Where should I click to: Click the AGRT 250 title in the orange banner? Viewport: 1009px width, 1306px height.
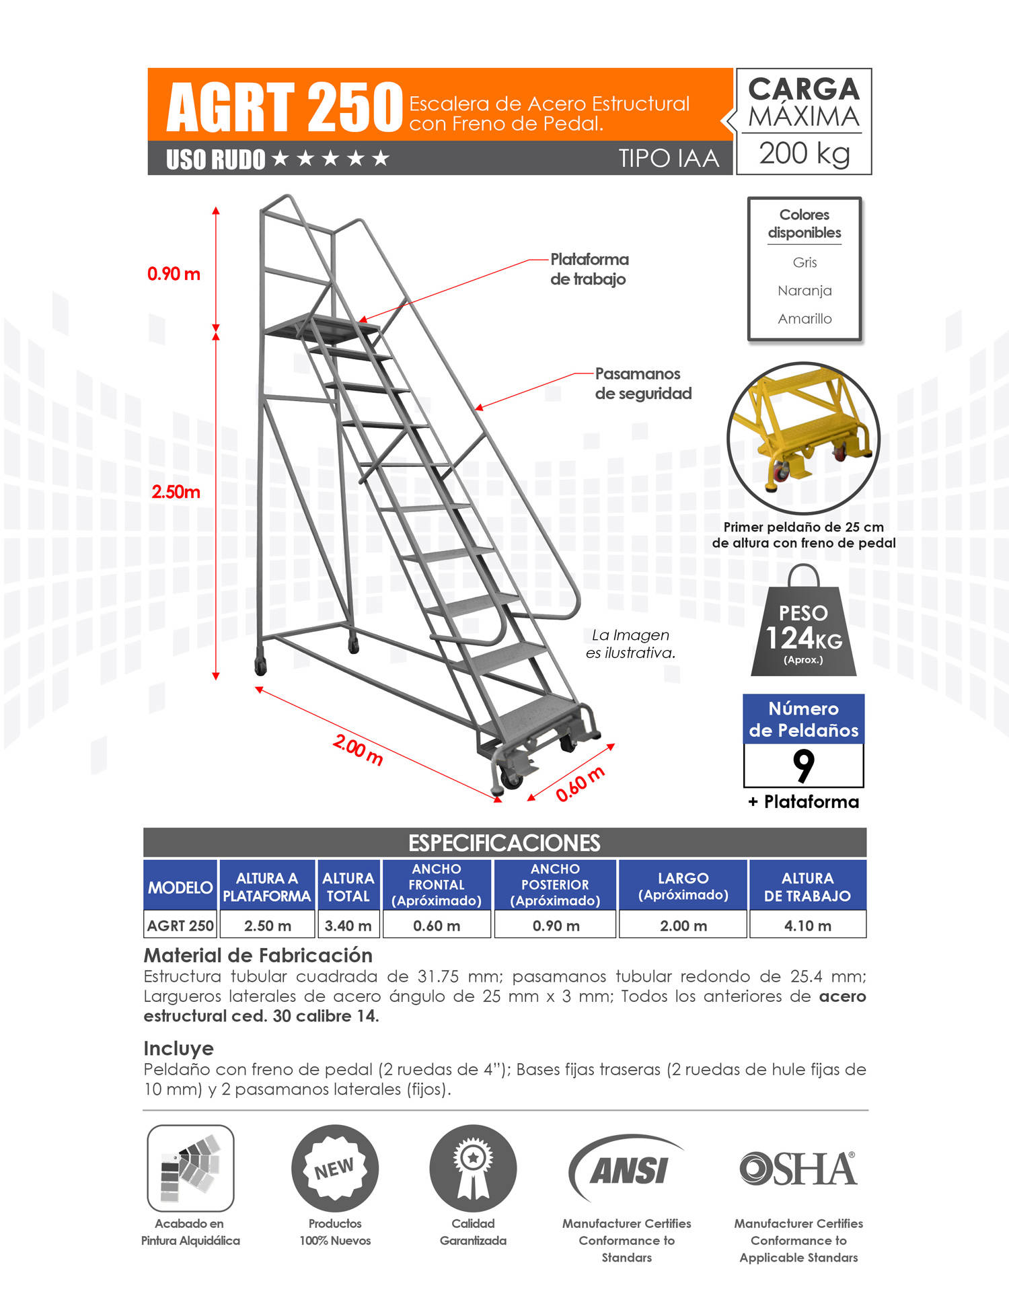pos(284,107)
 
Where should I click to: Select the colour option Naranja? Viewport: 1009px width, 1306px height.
pos(805,291)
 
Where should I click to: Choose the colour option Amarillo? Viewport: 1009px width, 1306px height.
pos(805,319)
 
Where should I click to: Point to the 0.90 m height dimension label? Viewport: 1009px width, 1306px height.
pos(174,274)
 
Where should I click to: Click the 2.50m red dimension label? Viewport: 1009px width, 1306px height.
pos(176,492)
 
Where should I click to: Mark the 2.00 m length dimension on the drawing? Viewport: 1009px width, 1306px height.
pos(358,750)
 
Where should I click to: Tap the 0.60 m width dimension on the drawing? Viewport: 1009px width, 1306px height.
pos(580,784)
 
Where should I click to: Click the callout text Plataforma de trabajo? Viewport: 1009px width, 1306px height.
pos(589,269)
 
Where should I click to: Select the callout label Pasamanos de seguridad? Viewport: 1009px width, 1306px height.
pos(642,384)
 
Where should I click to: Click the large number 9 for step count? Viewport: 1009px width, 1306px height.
pos(803,766)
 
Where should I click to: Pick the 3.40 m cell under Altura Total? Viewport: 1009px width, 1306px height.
pos(348,926)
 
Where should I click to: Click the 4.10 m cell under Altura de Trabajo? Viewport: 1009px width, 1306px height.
pos(807,926)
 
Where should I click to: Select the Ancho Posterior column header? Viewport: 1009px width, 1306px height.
pos(555,885)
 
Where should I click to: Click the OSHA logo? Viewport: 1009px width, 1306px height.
pos(798,1169)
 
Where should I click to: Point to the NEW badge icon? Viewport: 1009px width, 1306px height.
pos(334,1169)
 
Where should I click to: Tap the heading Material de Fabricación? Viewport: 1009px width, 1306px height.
pos(258,955)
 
